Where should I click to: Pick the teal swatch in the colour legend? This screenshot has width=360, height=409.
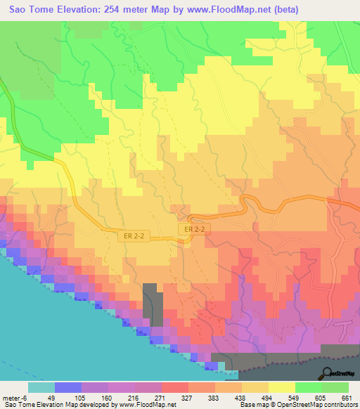pos(41,387)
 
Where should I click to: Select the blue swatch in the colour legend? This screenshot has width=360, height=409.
pos(67,387)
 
